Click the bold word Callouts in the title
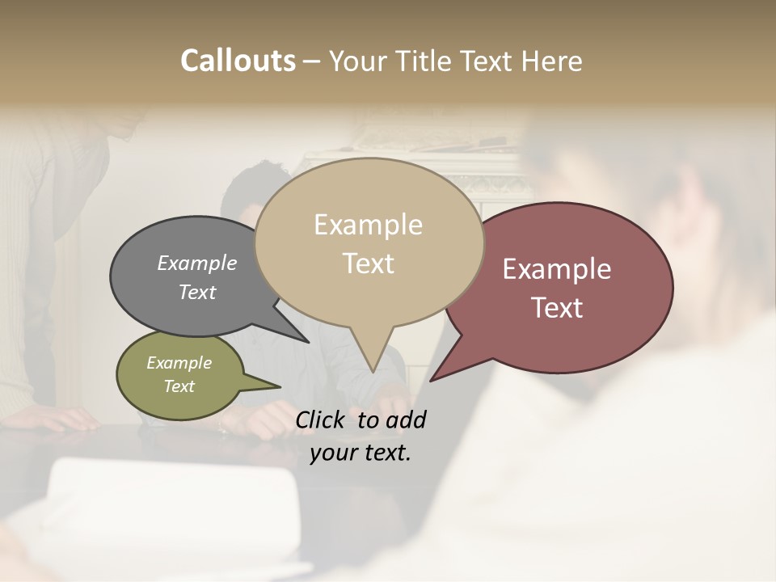[x=238, y=61]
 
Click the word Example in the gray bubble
[x=197, y=263]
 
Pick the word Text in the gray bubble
[x=197, y=292]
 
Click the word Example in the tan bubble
[x=368, y=225]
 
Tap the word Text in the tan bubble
[x=368, y=263]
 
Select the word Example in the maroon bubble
[x=557, y=269]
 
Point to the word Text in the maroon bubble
[x=557, y=307]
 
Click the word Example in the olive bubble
[x=179, y=363]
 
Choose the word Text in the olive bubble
[x=179, y=386]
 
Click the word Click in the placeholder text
[x=322, y=420]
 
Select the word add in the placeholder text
[x=405, y=420]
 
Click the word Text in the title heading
[x=487, y=61]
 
